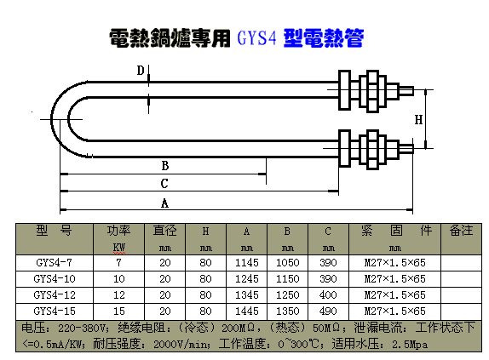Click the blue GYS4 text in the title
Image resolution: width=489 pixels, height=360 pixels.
[x=256, y=38]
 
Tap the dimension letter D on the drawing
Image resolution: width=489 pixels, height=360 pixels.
[x=141, y=71]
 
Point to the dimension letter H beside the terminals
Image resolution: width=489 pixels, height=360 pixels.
[x=418, y=120]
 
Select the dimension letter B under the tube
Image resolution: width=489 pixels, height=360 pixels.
[x=165, y=165]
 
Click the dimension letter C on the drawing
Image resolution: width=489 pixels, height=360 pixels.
[x=164, y=184]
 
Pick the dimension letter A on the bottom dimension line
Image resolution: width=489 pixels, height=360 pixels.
[x=164, y=203]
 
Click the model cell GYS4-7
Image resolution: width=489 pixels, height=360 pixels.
[x=54, y=263]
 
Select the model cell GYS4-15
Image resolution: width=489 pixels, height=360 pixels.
[x=55, y=311]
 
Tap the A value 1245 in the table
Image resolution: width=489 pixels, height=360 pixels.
[x=247, y=278]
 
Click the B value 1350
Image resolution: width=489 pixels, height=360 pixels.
[x=288, y=311]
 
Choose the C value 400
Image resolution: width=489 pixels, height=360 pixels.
[x=328, y=295]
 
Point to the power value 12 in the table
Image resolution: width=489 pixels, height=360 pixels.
[x=118, y=295]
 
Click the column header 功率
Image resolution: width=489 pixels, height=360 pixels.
[x=118, y=231]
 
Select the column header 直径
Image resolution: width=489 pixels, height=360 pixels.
[x=164, y=231]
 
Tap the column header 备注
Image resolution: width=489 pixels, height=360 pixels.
[x=461, y=231]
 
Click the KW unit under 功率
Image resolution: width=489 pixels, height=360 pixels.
[x=118, y=248]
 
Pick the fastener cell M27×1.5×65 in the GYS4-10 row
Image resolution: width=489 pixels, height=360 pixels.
[x=394, y=278]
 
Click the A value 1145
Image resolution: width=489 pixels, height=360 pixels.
[x=247, y=263]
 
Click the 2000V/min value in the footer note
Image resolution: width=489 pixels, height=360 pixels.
[x=181, y=344]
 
